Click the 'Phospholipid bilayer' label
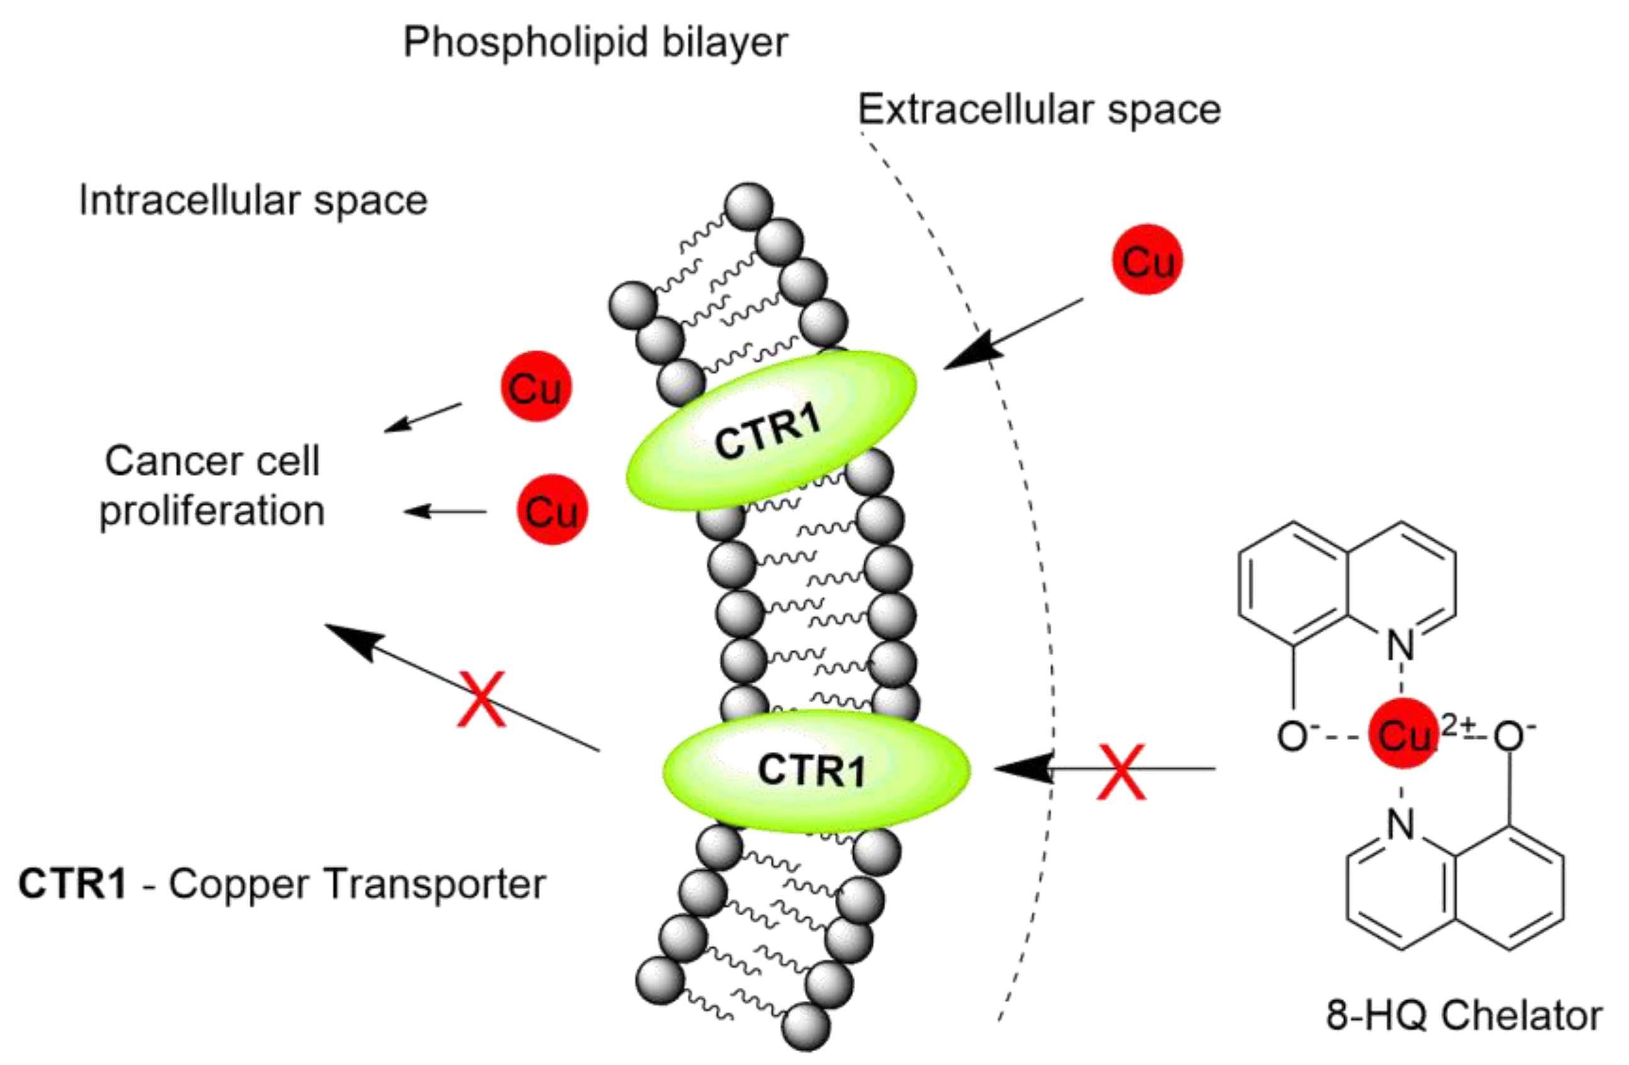595,42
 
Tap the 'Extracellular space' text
1039,109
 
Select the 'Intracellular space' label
253,201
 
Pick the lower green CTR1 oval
815,770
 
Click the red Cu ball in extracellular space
1148,260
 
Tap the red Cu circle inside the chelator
1402,733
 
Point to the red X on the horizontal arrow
1121,771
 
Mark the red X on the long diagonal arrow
482,698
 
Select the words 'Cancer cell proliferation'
212,486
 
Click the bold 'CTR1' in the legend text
72,883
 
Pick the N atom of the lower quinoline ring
1400,824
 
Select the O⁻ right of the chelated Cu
1508,736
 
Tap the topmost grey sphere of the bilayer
749,206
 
